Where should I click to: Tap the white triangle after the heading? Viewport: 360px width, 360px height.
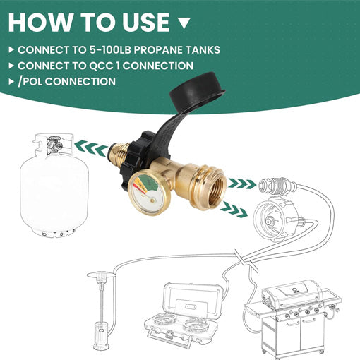[x=184, y=23]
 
